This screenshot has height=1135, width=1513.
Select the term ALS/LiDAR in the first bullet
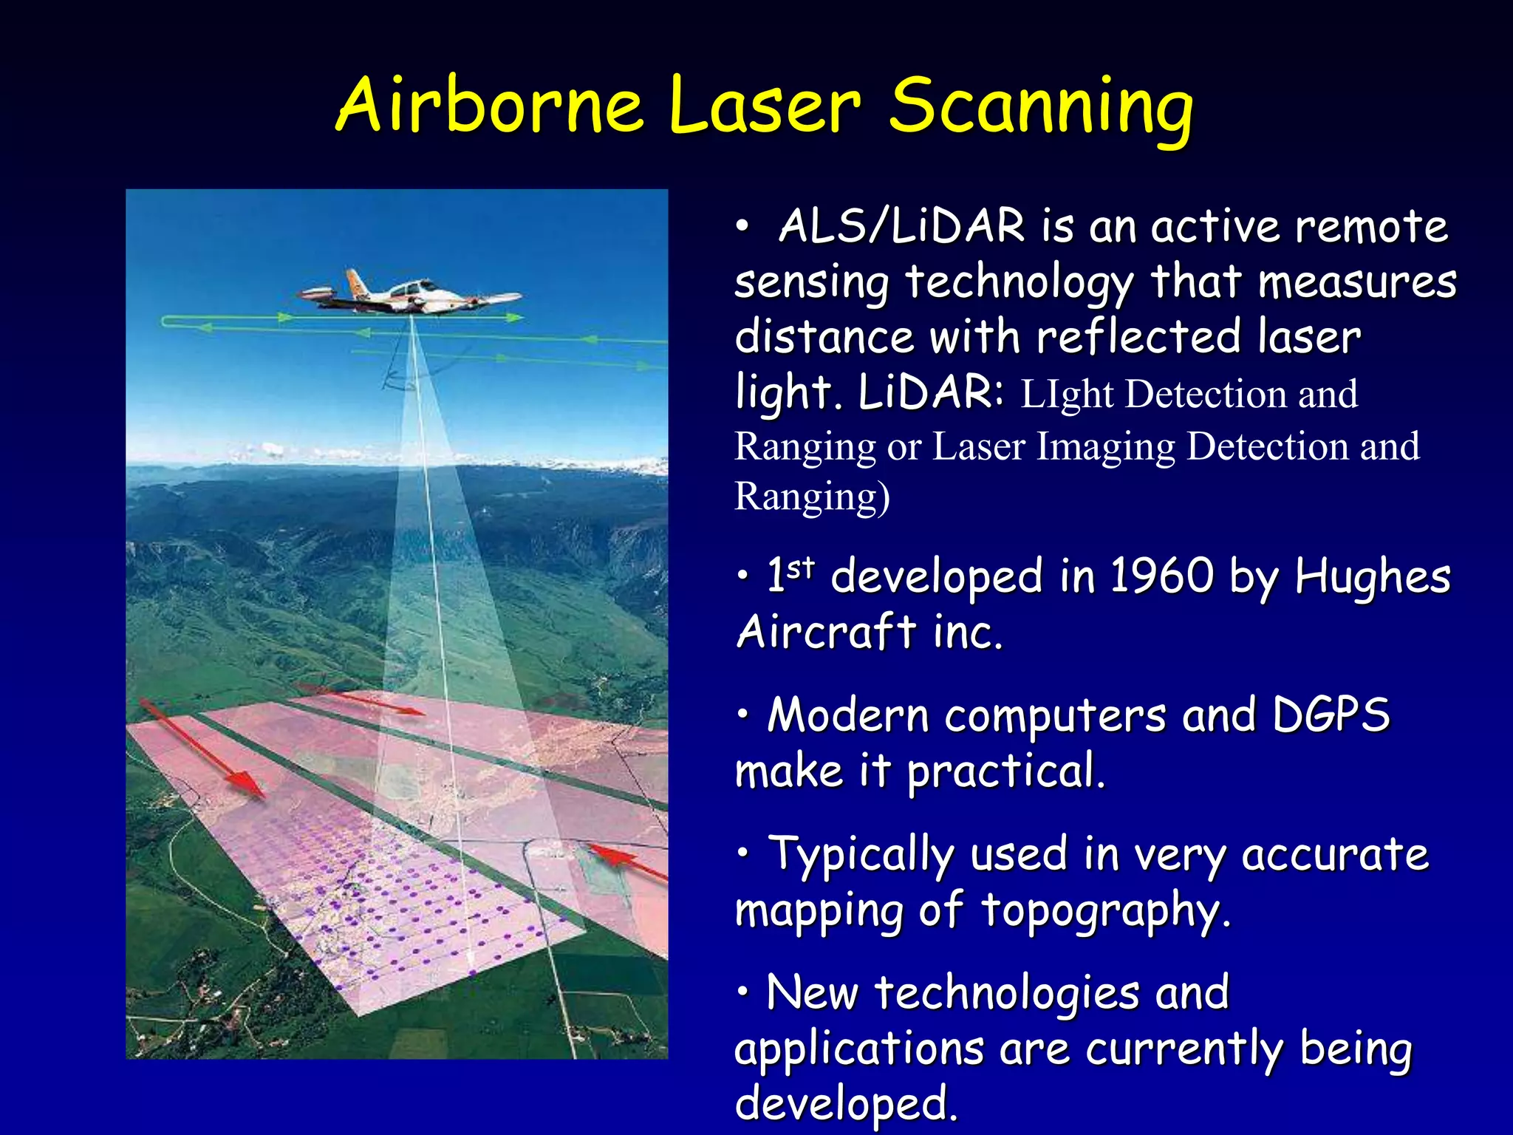tap(902, 226)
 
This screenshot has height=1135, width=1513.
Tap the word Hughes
tap(1372, 576)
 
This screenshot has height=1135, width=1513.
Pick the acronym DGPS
tap(1330, 715)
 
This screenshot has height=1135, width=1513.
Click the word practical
tap(1005, 771)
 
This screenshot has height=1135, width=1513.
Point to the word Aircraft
tap(826, 632)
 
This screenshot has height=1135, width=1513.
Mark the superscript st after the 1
tap(800, 567)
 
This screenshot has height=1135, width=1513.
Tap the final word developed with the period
tap(846, 1103)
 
